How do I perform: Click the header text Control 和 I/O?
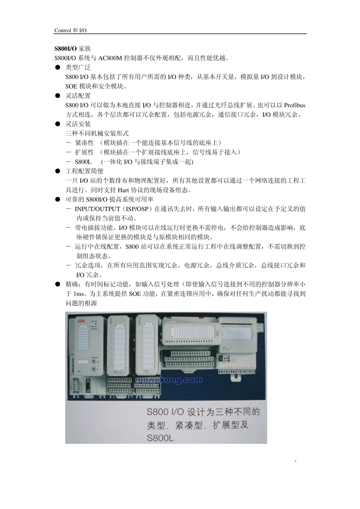pyautogui.click(x=70, y=30)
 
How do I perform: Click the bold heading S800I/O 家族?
pyautogui.click(x=72, y=49)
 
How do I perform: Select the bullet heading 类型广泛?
pyautogui.click(x=78, y=68)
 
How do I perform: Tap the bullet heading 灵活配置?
pyautogui.click(x=78, y=96)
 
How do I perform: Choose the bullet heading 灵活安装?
pyautogui.click(x=78, y=124)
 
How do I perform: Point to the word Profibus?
pyautogui.click(x=294, y=105)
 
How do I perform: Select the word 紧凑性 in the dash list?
pyautogui.click(x=84, y=143)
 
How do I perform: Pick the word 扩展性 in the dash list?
pyautogui.click(x=84, y=152)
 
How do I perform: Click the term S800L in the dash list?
pyautogui.click(x=83, y=162)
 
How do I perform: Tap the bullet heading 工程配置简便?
pyautogui.click(x=85, y=171)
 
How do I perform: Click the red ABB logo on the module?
pyautogui.click(x=81, y=321)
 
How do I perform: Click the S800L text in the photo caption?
pyautogui.click(x=160, y=437)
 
